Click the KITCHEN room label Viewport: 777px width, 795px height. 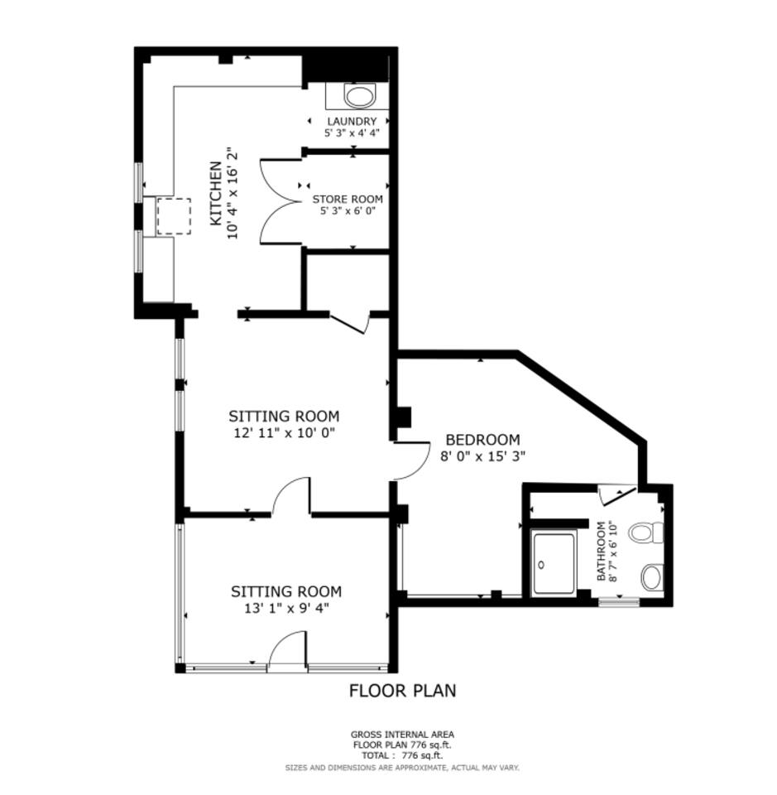coord(216,193)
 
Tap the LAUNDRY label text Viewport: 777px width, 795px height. coord(352,121)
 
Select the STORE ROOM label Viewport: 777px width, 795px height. coord(348,200)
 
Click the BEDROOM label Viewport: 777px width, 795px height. coord(482,439)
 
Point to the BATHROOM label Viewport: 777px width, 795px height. coord(602,552)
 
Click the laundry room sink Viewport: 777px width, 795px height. coord(360,96)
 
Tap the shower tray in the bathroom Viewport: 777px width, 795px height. coord(554,563)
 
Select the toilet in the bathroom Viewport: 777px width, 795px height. coord(645,532)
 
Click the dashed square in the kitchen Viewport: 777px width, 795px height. coord(174,216)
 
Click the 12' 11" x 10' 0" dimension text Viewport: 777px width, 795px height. coord(284,433)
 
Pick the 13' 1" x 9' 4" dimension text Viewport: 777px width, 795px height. coord(286,608)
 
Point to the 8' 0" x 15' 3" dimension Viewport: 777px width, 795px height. coord(482,455)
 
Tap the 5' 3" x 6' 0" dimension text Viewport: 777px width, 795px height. coord(348,211)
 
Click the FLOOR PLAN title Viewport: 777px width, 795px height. coord(403,691)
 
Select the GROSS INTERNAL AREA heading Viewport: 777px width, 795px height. coord(403,735)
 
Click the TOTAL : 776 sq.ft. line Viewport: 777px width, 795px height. coord(403,755)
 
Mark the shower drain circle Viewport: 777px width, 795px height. coord(541,564)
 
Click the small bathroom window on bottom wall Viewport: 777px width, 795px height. coord(619,602)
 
